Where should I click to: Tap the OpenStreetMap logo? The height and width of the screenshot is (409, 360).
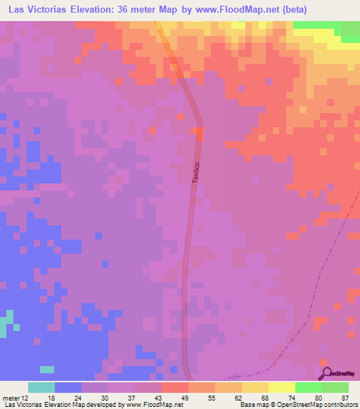pyautogui.click(x=340, y=374)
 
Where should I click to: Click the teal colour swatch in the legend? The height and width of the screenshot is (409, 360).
pyautogui.click(x=41, y=387)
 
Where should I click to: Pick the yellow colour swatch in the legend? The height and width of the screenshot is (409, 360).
pyautogui.click(x=281, y=387)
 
